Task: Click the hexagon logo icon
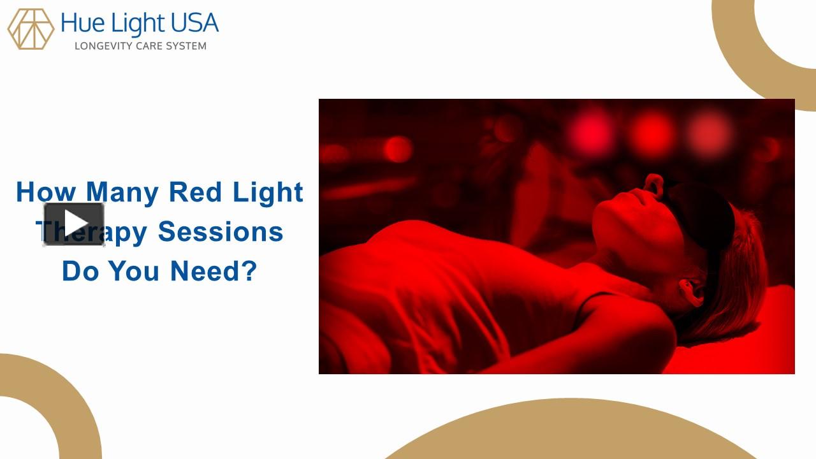click(x=31, y=29)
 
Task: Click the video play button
click(x=74, y=224)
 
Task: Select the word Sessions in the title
click(x=221, y=231)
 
